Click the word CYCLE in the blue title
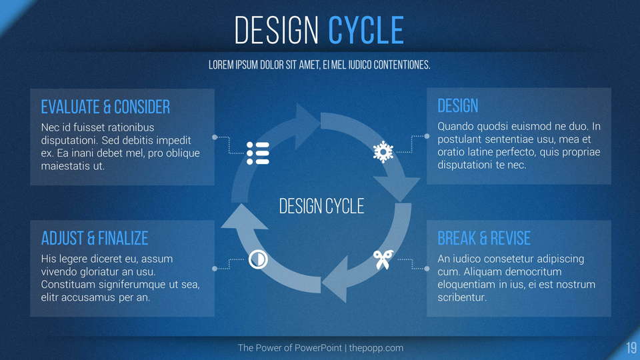pos(366,30)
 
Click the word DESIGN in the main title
pos(276,30)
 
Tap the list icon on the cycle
pos(258,153)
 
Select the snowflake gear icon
pos(383,152)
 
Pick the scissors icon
pos(383,259)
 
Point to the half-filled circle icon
pos(258,259)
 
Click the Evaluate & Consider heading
pos(105,107)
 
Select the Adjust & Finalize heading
pos(95,239)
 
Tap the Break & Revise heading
pos(484,239)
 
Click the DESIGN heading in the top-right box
pos(457,106)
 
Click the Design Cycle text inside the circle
pos(321,206)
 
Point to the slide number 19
pos(631,348)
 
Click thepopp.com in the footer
pos(376,348)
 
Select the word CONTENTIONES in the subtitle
pos(402,65)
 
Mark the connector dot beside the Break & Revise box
pos(427,269)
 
